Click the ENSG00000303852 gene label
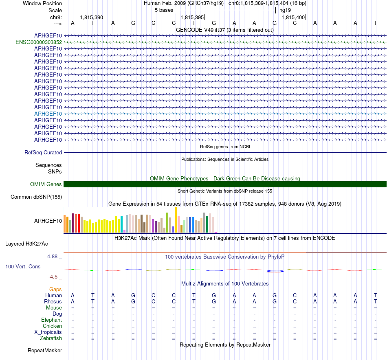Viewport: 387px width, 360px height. (39, 42)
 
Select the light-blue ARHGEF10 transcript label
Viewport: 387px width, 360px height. (48, 114)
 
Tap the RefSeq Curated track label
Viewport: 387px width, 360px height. (43, 152)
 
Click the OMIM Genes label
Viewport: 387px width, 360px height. (46, 184)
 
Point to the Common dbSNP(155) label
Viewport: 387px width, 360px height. (36, 197)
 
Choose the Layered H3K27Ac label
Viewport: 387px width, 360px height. (26, 244)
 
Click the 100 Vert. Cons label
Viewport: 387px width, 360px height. (22, 266)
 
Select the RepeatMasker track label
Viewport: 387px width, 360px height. (45, 350)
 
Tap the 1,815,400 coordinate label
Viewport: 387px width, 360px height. (293, 18)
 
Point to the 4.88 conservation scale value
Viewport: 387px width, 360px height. (53, 257)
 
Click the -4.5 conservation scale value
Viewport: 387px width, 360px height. (53, 277)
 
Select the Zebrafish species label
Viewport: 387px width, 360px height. (51, 338)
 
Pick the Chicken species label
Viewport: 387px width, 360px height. (52, 326)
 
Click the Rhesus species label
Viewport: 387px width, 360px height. (53, 301)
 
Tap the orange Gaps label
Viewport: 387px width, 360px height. (55, 289)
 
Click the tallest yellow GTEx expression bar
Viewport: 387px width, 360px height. (176, 220)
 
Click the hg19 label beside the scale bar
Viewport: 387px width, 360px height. (285, 10)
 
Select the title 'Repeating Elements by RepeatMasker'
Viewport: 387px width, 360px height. (225, 345)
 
